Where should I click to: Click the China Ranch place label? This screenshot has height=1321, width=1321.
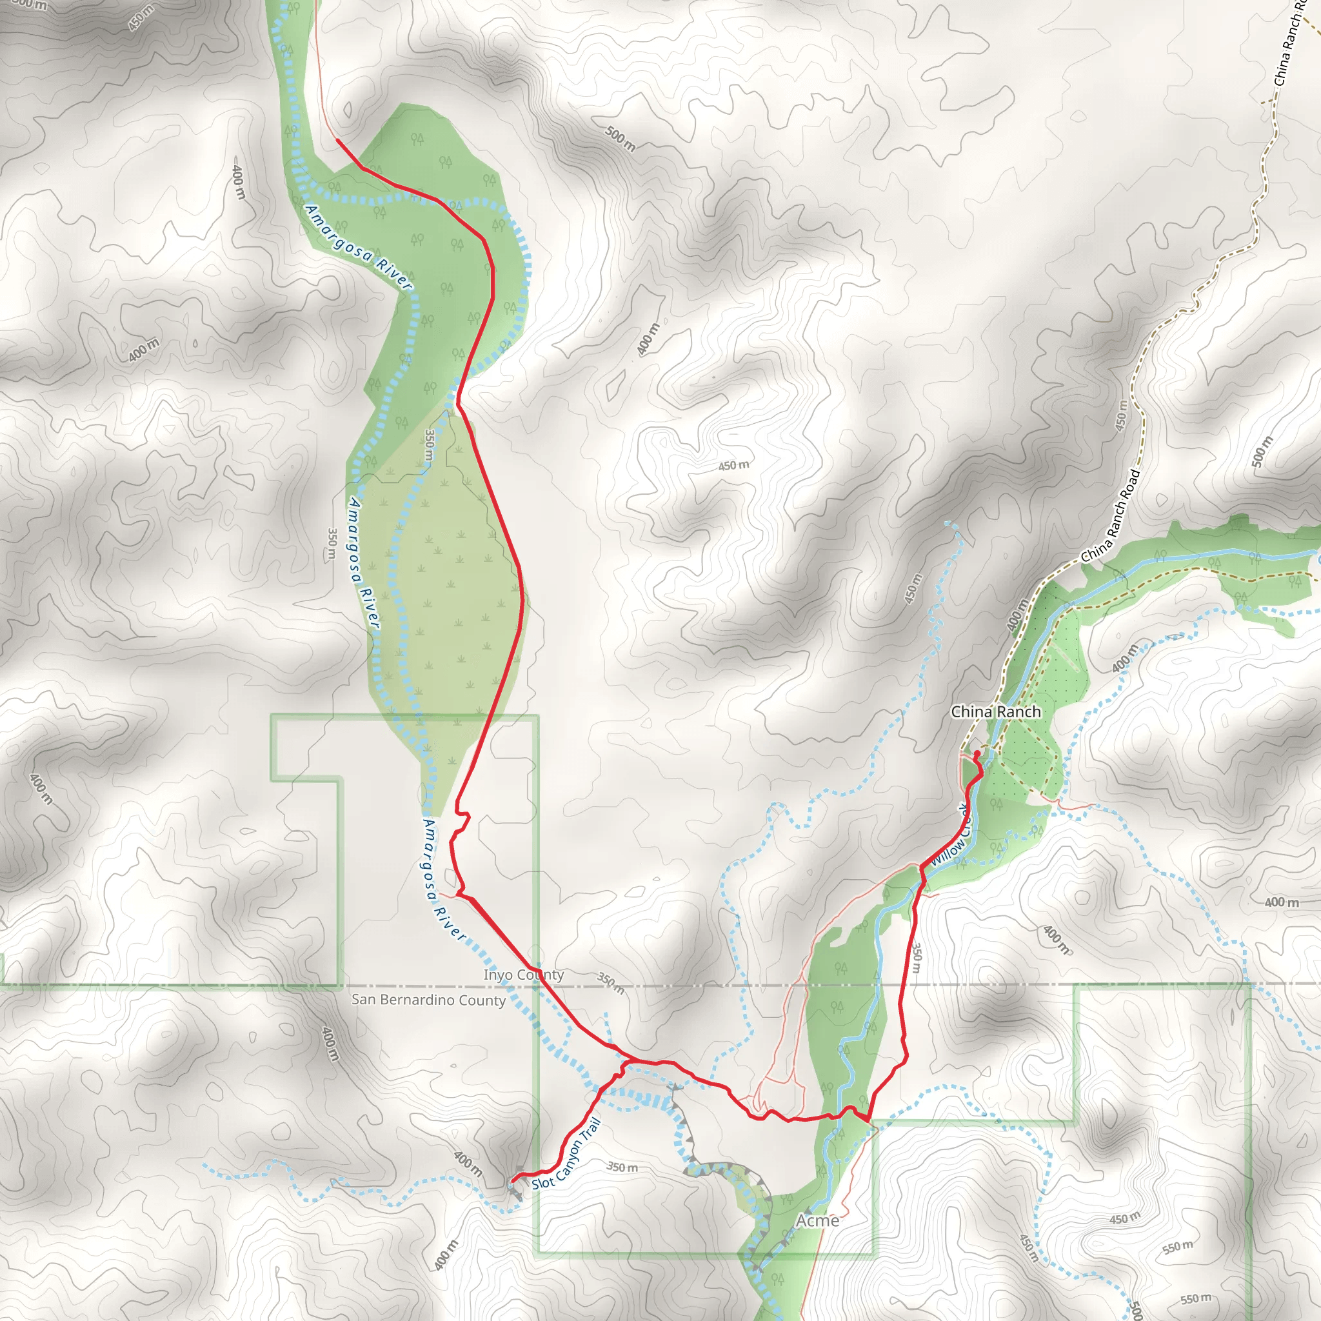tap(995, 712)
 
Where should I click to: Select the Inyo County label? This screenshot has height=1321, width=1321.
tap(524, 975)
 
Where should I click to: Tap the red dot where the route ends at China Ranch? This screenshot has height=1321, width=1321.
tap(977, 753)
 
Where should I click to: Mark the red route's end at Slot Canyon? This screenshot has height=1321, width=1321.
tap(512, 1181)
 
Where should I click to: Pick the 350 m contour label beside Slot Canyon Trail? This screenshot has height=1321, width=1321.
tap(622, 1166)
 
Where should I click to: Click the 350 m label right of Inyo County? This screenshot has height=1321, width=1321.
tap(611, 983)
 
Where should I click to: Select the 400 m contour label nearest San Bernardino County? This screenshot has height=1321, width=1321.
tap(329, 1044)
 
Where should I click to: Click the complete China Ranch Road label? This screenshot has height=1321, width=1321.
tap(1111, 516)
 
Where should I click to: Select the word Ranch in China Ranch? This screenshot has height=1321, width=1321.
tap(1017, 712)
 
